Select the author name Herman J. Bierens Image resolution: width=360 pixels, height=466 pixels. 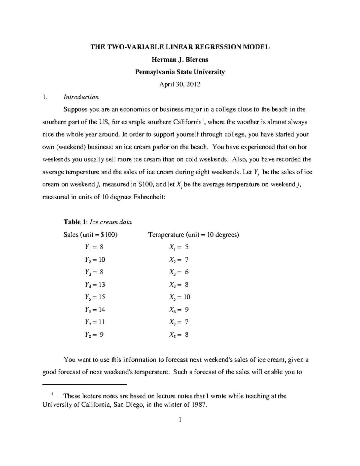tap(180, 60)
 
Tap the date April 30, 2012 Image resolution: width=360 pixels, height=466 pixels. tap(180, 85)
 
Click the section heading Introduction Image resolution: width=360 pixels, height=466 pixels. tap(81, 97)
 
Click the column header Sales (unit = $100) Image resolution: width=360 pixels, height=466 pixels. tap(91, 235)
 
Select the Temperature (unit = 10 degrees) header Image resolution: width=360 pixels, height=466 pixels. tap(193, 235)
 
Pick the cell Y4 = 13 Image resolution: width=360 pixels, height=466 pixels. tap(95, 284)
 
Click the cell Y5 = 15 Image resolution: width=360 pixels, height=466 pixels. tap(95, 297)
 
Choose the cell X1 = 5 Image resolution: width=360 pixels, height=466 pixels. tap(179, 247)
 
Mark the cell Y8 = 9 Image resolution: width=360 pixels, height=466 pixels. tap(94, 335)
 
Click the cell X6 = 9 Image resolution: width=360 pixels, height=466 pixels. tap(179, 310)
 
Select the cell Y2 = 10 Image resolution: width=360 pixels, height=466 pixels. tap(95, 260)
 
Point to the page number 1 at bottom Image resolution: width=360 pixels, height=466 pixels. tap(180, 420)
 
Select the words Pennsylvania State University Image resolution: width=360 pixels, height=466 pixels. tap(180, 72)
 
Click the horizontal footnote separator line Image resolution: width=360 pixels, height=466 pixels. tap(85, 384)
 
